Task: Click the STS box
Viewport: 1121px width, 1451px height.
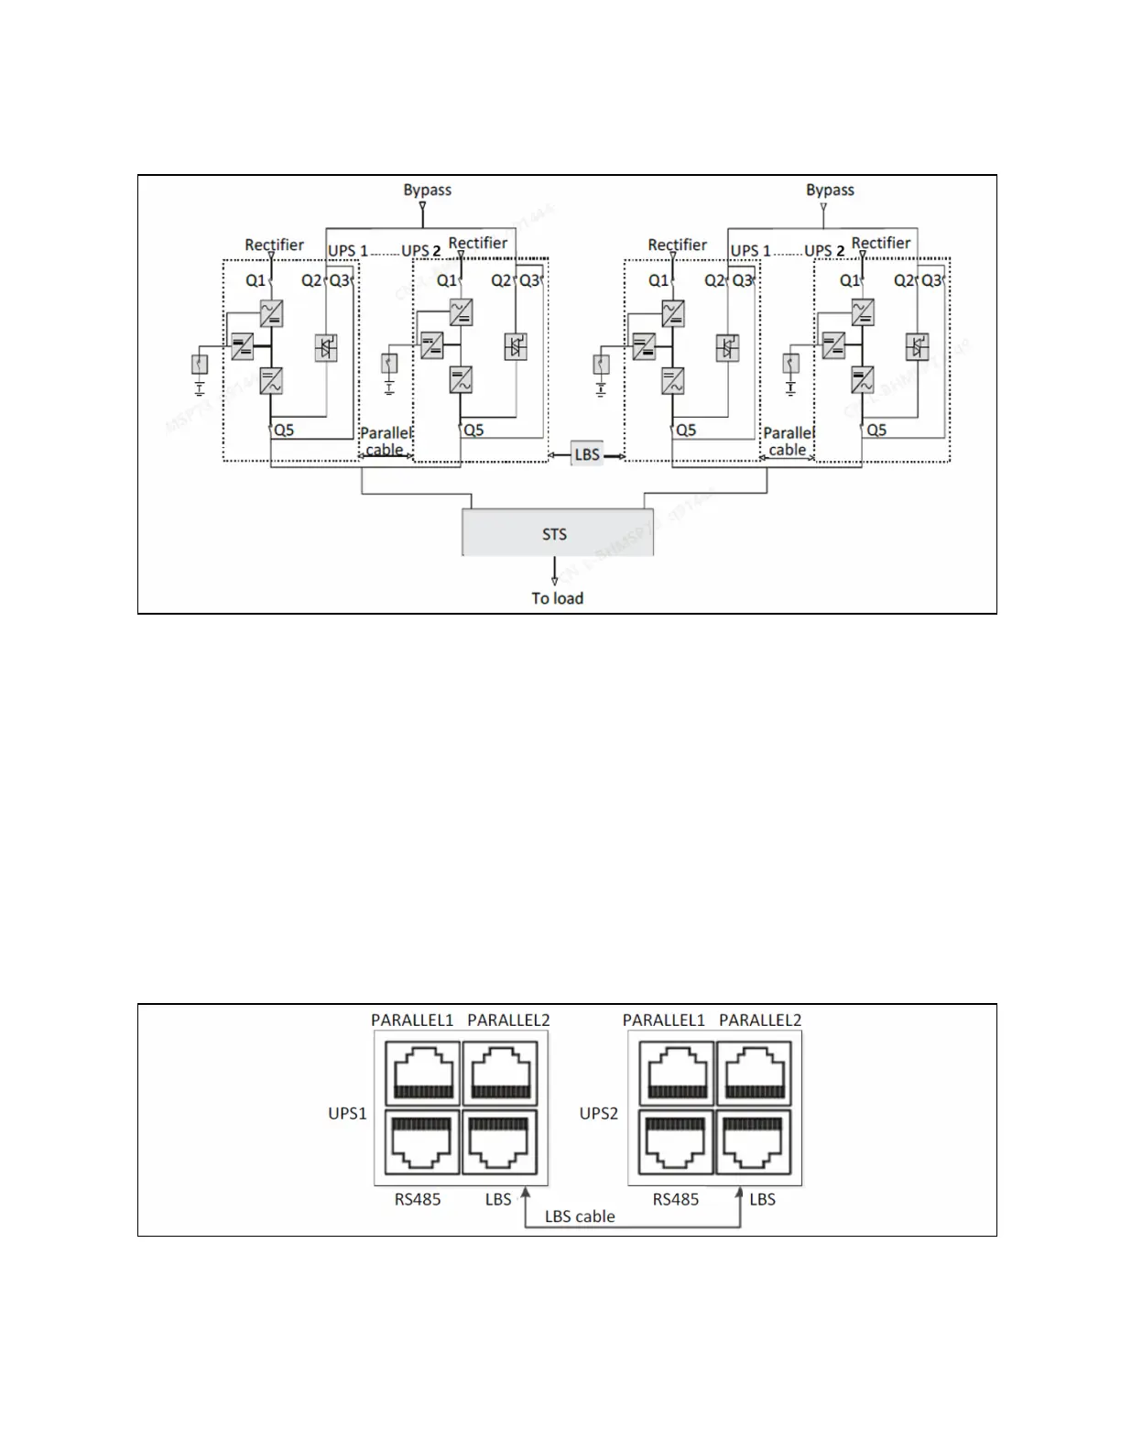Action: click(x=557, y=532)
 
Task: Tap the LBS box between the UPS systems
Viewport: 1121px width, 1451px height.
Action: click(x=587, y=454)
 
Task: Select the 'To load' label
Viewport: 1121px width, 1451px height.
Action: click(x=557, y=598)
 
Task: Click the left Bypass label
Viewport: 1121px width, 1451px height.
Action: click(x=427, y=190)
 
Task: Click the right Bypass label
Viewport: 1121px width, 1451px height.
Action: click(x=830, y=190)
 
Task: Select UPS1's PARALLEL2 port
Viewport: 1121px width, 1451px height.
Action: click(x=499, y=1071)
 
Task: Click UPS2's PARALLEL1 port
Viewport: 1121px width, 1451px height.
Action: click(x=677, y=1071)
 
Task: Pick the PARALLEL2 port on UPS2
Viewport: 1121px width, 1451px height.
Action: click(x=754, y=1071)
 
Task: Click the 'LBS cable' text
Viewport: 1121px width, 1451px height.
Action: click(x=580, y=1216)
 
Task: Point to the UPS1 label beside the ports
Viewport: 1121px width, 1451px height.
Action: click(x=347, y=1114)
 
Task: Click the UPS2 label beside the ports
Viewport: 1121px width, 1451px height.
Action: click(x=599, y=1114)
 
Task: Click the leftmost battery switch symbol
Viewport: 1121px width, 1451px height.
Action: click(x=199, y=365)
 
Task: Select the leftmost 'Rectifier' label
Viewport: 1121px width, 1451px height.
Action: click(x=274, y=245)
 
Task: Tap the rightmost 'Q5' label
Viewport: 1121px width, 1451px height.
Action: click(x=876, y=430)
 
